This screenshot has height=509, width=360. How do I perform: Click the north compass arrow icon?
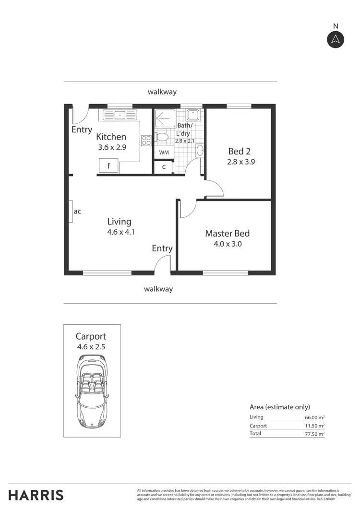[336, 39]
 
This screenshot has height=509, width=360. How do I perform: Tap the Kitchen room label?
[111, 137]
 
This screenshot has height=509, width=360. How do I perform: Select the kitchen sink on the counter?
[118, 115]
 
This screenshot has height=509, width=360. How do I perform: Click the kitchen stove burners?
[146, 141]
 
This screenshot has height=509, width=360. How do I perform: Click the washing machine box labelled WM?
[163, 152]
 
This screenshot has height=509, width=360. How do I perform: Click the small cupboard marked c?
[164, 167]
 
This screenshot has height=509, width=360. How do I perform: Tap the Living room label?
[119, 221]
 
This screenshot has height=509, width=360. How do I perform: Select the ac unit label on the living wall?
[77, 211]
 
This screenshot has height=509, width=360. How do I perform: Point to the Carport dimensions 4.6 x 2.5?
[91, 346]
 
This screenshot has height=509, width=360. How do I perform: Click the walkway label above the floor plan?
[163, 92]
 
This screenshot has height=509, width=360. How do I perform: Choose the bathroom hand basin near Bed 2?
[200, 151]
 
